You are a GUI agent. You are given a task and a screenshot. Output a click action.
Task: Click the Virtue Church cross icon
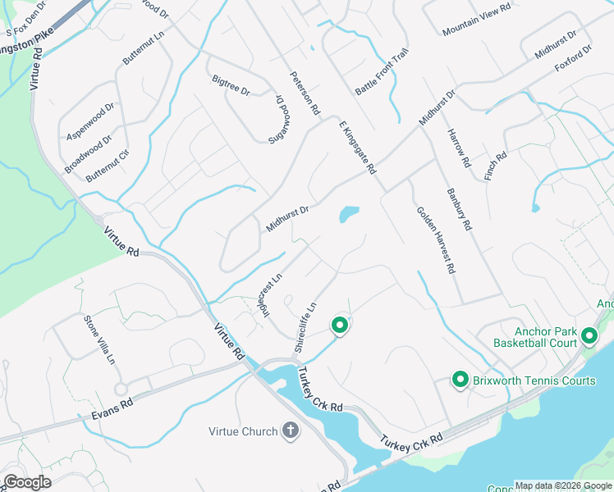290,430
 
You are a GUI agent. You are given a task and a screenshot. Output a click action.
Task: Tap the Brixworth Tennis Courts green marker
460,380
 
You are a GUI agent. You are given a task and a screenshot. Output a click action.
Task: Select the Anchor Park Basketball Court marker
589,335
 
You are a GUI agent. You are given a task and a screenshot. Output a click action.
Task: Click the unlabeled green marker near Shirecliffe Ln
339,326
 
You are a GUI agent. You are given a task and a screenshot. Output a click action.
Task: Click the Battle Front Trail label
381,71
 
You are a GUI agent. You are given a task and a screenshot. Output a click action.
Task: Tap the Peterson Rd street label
304,91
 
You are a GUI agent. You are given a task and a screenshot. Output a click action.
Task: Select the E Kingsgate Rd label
356,147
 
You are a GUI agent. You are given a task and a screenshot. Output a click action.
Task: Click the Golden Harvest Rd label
435,239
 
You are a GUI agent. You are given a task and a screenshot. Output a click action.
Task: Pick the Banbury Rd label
459,209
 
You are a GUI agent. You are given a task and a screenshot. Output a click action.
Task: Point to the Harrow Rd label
458,148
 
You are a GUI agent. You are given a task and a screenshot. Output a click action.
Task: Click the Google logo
27,482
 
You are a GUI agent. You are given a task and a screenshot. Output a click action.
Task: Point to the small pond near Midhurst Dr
349,215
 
